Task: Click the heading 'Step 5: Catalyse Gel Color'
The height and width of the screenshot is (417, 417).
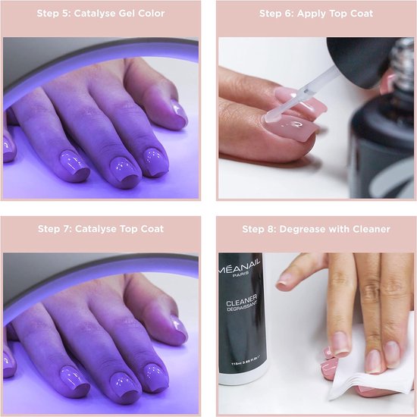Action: pyautogui.click(x=102, y=14)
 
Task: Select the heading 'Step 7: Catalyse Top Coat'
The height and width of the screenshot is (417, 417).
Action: pyautogui.click(x=102, y=228)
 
